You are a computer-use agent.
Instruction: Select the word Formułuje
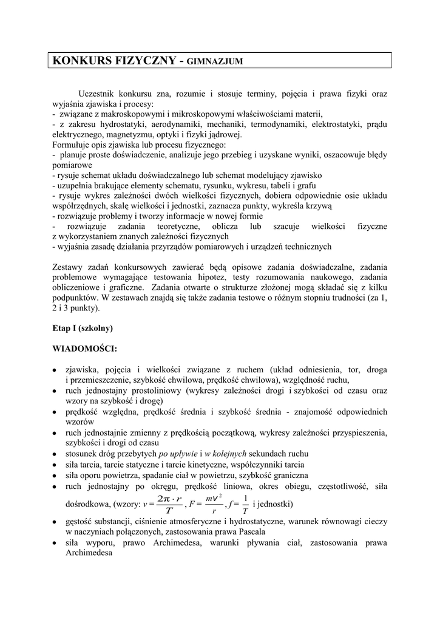pyautogui.click(x=72, y=145)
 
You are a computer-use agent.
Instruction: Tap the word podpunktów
pyautogui.click(x=75, y=298)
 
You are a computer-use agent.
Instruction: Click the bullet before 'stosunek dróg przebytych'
pyautogui.click(x=55, y=454)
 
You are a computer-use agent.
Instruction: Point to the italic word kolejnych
pyautogui.click(x=226, y=454)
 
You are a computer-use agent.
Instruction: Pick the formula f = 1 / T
pyautogui.click(x=239, y=505)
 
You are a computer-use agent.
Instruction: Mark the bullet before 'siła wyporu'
pyautogui.click(x=55, y=542)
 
